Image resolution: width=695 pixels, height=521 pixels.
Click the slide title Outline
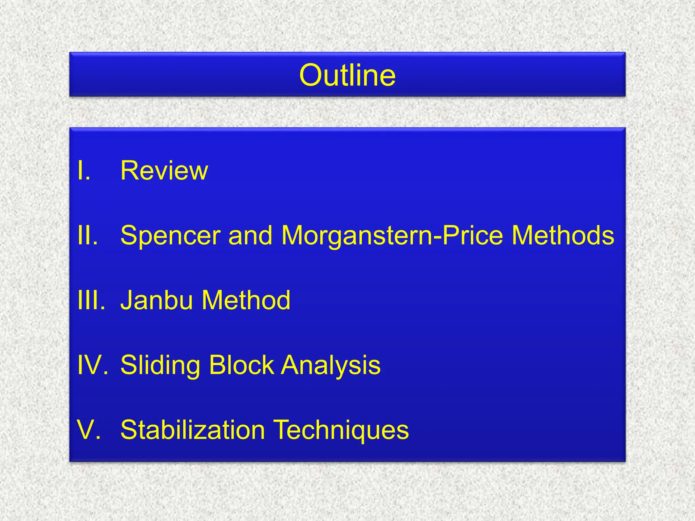[x=347, y=75]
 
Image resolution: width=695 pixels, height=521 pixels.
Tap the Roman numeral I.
[x=83, y=171]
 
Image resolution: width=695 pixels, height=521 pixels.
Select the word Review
[x=164, y=171]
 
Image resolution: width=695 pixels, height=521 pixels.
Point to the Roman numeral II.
[x=88, y=235]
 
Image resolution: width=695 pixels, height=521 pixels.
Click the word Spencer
[x=170, y=235]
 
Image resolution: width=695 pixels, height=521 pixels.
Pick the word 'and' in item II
[x=250, y=235]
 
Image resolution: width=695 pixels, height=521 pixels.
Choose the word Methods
[x=563, y=235]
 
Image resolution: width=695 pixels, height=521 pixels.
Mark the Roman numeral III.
[x=91, y=300]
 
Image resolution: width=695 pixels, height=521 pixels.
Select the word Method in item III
[x=246, y=300]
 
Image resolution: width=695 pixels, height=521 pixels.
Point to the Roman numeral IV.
[x=92, y=365]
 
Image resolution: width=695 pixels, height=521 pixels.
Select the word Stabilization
[x=193, y=430]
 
